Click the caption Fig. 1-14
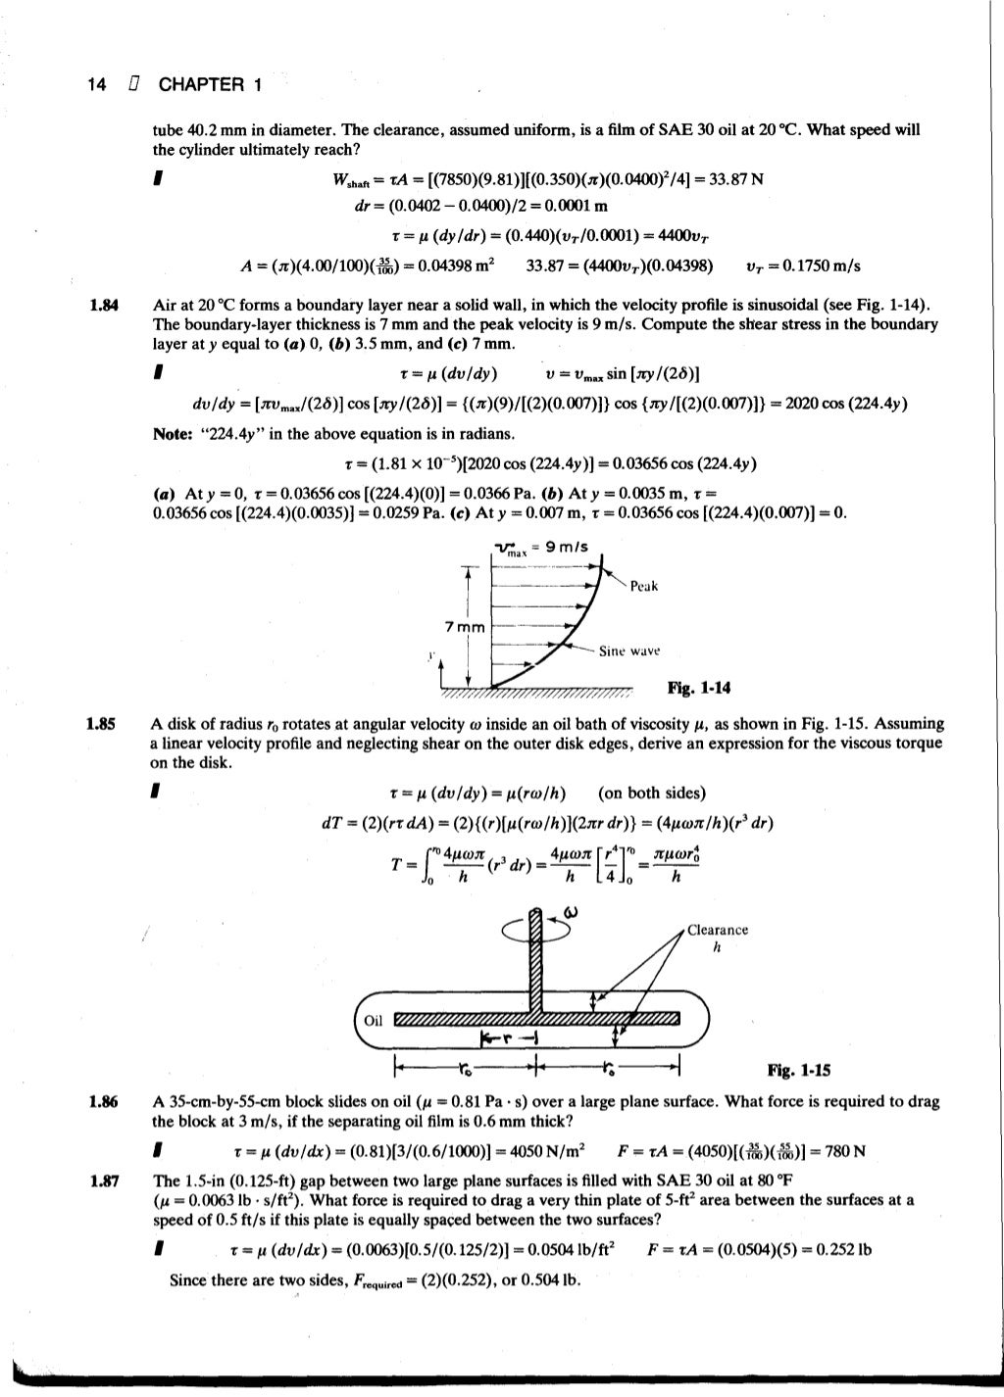(x=699, y=688)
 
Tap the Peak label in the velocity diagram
(x=644, y=586)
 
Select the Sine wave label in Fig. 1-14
(x=629, y=650)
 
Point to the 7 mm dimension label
(x=465, y=627)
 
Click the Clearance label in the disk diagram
(x=718, y=930)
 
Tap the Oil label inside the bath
(x=373, y=1020)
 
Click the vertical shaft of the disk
(x=535, y=960)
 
